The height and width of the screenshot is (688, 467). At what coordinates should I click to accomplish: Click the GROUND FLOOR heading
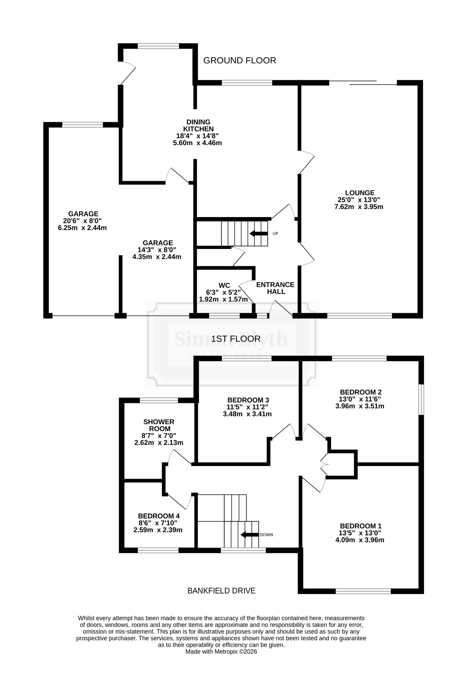pos(239,60)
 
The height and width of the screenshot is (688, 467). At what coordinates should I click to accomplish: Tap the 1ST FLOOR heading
pos(236,339)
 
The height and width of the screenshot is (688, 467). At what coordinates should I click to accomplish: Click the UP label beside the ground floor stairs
pos(275,234)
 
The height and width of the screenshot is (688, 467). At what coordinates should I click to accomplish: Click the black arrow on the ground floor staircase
pos(258,234)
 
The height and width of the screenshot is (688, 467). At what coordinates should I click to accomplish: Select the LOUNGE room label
pos(360,193)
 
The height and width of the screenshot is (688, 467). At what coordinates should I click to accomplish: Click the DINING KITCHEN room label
pos(198,125)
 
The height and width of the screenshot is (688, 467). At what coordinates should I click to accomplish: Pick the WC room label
pos(224,285)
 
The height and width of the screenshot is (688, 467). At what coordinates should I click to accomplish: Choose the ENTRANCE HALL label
pos(275,288)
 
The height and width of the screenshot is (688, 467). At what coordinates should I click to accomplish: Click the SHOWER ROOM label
pos(159,425)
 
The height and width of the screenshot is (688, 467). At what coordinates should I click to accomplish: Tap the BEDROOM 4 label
pos(159,516)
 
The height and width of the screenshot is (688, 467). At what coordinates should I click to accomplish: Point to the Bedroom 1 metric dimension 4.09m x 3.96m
pos(360,540)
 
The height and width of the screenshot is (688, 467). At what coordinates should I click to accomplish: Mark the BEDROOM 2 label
pos(360,392)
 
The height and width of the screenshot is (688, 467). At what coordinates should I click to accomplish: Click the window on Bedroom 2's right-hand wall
pos(421,400)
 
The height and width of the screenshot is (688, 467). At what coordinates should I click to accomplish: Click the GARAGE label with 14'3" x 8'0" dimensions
pos(158,243)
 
